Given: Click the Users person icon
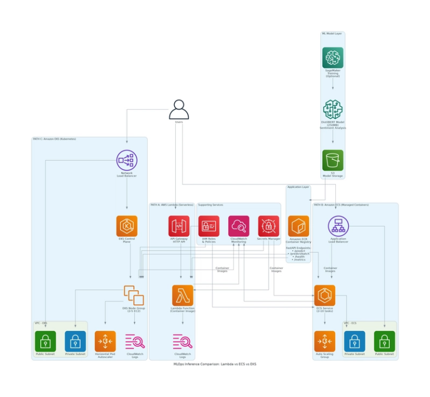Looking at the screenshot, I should point(179,109).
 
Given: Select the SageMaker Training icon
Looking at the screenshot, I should point(333,58).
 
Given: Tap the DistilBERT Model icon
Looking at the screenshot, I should point(333,110).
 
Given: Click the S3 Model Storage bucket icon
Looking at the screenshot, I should point(333,160).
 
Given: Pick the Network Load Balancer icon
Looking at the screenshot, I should point(127,160).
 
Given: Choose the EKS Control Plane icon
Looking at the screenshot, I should point(127,226).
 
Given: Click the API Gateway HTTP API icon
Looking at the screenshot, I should point(179,226).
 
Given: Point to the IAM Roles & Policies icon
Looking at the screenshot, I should point(209,226).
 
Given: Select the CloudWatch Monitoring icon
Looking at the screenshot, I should point(239,226).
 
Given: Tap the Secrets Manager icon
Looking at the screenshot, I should point(268,226).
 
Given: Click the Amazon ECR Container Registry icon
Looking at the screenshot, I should point(298,226).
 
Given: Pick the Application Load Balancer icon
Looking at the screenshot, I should point(338,226).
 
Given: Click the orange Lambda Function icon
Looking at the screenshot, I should point(183,295).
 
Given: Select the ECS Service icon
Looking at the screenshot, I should point(324,295).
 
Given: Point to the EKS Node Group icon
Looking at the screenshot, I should point(134,295).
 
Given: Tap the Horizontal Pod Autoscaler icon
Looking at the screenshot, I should point(105,341).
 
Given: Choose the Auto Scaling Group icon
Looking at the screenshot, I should point(324,341).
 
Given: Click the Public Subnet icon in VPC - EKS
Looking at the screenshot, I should point(45,341).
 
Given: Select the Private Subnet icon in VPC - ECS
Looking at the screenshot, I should point(354,341).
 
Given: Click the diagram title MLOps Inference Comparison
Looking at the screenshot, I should point(215,364).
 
